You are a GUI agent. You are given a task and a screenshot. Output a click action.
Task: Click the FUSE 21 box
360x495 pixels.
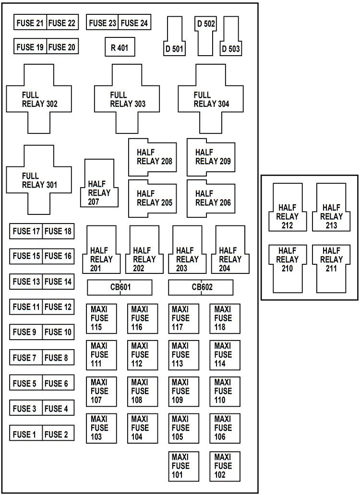(x=30, y=23)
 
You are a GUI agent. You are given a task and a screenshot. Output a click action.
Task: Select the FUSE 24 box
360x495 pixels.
(x=134, y=23)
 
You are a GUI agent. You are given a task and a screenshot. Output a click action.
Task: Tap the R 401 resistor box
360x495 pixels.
(x=120, y=47)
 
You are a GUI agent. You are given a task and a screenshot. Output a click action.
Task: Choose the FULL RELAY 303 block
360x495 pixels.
(x=127, y=99)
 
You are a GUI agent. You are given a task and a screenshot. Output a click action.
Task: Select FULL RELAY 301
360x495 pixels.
(x=38, y=180)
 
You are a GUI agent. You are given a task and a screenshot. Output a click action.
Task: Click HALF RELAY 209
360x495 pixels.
(x=211, y=157)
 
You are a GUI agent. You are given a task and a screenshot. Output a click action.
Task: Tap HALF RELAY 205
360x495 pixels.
(x=152, y=198)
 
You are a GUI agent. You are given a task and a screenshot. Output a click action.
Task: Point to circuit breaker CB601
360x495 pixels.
(x=120, y=287)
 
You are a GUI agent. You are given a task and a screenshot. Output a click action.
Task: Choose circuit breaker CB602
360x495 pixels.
(x=201, y=287)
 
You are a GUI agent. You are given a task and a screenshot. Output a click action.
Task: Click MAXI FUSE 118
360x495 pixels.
(x=225, y=318)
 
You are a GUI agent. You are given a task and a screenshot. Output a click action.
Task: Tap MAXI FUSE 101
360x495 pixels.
(x=183, y=466)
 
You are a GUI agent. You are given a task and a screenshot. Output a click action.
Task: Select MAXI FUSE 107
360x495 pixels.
(x=101, y=391)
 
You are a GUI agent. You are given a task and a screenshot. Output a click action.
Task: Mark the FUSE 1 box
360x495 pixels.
(x=25, y=435)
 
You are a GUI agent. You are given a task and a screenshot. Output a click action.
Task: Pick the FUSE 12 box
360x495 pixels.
(x=58, y=306)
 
